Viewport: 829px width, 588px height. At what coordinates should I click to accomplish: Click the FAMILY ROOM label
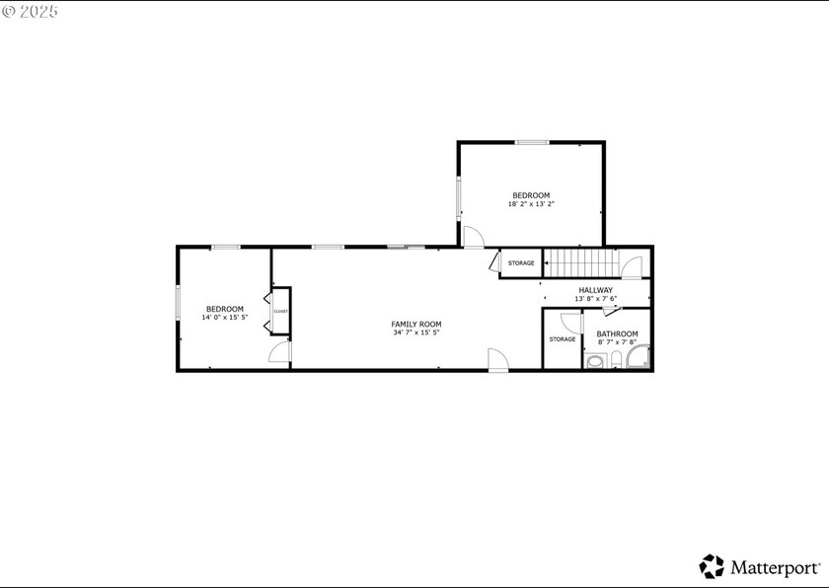[x=416, y=324]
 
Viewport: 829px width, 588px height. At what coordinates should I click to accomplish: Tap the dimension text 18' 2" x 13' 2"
[x=531, y=204]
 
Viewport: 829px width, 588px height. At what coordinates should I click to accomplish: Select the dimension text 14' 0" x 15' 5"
[x=225, y=318]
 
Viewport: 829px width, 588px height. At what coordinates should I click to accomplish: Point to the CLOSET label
[x=280, y=311]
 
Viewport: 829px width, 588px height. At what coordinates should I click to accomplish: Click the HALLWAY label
[x=595, y=290]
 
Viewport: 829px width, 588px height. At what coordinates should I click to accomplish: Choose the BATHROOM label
[x=617, y=333]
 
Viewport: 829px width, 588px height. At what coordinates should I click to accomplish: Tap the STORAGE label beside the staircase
[x=521, y=263]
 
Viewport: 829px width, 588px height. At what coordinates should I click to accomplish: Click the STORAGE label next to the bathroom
[x=562, y=339]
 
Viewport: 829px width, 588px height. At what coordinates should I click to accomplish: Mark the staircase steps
[x=581, y=262]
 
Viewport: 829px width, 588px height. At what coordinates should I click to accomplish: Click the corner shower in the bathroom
[x=639, y=356]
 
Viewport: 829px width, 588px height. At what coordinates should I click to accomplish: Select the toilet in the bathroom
[x=617, y=360]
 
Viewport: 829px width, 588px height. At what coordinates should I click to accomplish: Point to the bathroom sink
[x=595, y=361]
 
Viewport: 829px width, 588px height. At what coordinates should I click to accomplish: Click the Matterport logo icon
[x=712, y=566]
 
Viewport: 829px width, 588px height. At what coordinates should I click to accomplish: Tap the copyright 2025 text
[x=30, y=11]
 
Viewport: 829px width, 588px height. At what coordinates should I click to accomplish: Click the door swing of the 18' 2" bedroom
[x=473, y=237]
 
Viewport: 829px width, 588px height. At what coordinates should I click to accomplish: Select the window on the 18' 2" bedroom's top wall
[x=532, y=142]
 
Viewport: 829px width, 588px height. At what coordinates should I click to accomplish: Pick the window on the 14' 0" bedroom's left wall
[x=178, y=302]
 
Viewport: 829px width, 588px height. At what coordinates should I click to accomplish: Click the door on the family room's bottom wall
[x=498, y=360]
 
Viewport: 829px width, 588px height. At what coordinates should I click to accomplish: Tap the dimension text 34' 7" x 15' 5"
[x=416, y=332]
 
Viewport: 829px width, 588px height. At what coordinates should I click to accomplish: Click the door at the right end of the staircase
[x=632, y=267]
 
